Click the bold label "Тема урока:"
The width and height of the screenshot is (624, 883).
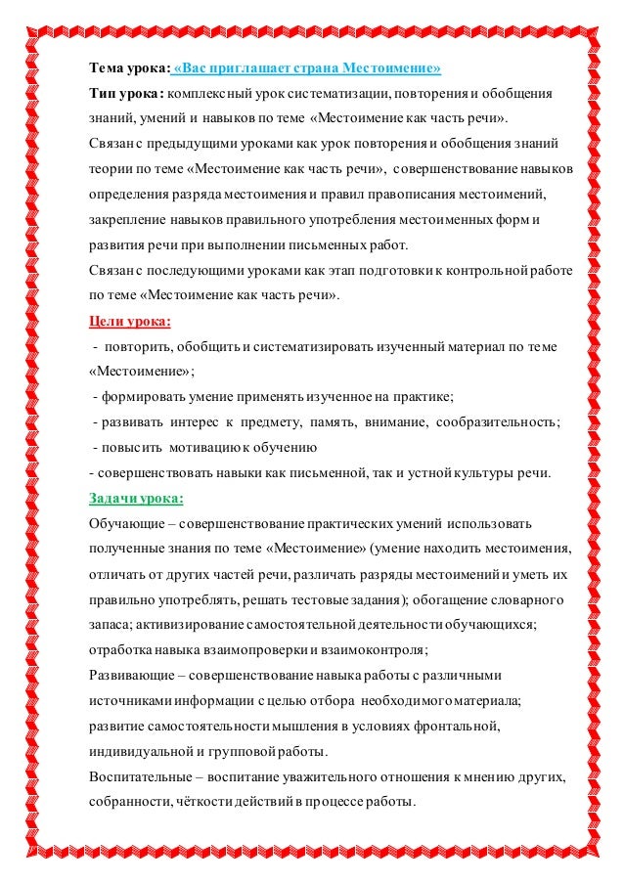tap(128, 68)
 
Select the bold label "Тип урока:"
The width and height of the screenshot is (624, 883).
tap(125, 95)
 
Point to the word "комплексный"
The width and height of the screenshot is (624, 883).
tap(208, 95)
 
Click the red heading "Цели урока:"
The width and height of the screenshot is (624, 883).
tap(130, 321)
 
